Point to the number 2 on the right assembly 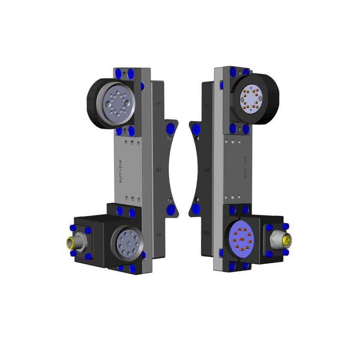point(207,170)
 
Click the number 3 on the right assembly point(207,233)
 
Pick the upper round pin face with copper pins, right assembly point(251,98)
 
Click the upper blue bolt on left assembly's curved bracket point(171,128)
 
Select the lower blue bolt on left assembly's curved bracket point(170,209)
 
